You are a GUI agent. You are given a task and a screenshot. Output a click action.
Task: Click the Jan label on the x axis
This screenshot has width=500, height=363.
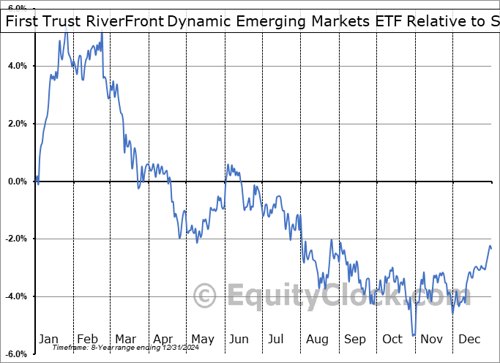pyautogui.click(x=49, y=339)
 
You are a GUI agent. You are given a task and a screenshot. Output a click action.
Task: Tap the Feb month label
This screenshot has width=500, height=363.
pyautogui.click(x=87, y=339)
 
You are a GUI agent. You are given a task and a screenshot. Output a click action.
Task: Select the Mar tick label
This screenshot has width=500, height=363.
pyautogui.click(x=125, y=339)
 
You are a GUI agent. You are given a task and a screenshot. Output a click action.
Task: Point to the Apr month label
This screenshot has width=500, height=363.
pyautogui.click(x=163, y=339)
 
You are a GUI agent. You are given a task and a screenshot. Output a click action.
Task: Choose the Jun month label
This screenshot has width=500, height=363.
pyautogui.click(x=239, y=339)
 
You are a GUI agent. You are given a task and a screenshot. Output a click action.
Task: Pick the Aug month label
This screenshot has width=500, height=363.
pyautogui.click(x=316, y=339)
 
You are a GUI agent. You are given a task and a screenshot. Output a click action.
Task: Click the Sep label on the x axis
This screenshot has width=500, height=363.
pyautogui.click(x=354, y=339)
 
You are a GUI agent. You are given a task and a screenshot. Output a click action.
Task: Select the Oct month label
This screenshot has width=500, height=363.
pyautogui.click(x=392, y=339)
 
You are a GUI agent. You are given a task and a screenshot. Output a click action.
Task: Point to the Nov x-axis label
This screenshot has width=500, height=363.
pyautogui.click(x=430, y=339)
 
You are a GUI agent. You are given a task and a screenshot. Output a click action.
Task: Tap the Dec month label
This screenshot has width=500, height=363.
pyautogui.click(x=469, y=339)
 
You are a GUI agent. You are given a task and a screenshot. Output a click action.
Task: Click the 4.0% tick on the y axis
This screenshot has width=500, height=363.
pyautogui.click(x=17, y=66)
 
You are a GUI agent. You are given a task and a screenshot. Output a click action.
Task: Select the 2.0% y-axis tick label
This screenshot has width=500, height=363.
pyautogui.click(x=17, y=124)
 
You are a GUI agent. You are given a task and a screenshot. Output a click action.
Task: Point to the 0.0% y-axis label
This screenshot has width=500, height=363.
pyautogui.click(x=17, y=181)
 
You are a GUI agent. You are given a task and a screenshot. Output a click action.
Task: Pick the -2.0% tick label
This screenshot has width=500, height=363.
pyautogui.click(x=15, y=239)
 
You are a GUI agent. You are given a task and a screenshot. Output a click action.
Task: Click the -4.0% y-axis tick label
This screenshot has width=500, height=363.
pyautogui.click(x=15, y=296)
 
